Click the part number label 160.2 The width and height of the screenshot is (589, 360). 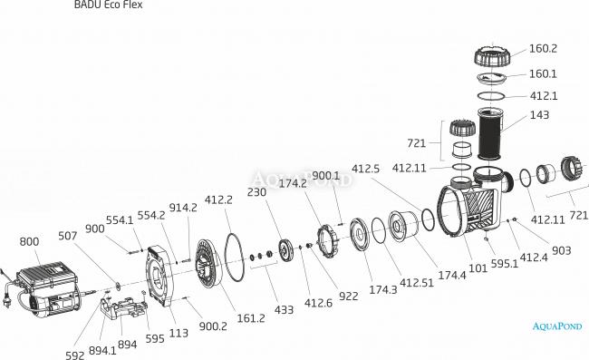[543, 49]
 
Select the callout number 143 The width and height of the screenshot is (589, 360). [539, 114]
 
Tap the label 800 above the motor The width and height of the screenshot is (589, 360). [29, 241]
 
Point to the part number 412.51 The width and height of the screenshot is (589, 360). [417, 283]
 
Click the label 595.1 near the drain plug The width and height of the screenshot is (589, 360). [505, 264]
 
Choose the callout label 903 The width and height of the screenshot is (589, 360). [561, 250]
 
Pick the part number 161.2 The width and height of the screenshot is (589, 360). [251, 318]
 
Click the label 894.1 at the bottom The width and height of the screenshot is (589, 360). [102, 351]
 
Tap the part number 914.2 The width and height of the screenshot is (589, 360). [183, 208]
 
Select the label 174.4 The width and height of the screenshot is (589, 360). [452, 276]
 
